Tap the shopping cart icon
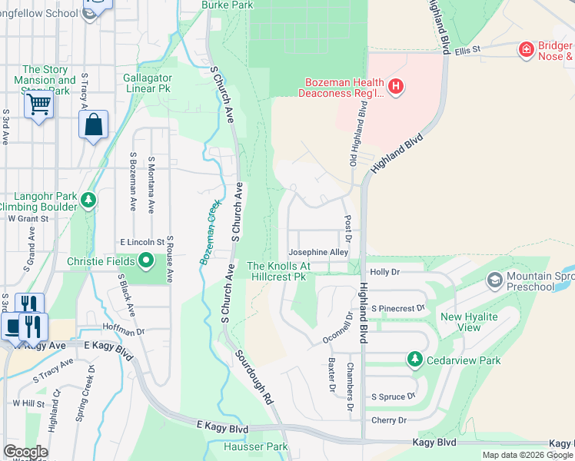point(38,104)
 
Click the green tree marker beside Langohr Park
point(88,201)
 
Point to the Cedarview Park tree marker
point(415,360)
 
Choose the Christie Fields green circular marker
point(146,261)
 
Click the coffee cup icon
point(13,326)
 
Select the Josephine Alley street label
point(318,252)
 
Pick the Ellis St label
point(467,49)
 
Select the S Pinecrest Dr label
point(398,308)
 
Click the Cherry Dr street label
point(389,420)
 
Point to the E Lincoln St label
point(141,242)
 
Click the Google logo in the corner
point(25,452)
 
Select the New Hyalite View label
point(468,322)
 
